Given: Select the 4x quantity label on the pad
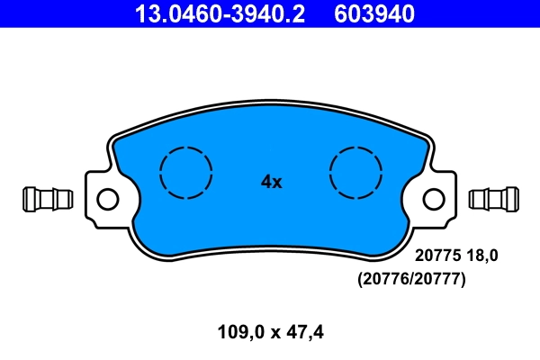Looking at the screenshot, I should pos(271,182).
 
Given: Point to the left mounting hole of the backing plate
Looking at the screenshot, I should pos(107,198).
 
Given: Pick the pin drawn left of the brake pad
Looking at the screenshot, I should pos(46,197).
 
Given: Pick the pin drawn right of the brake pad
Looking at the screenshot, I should pos(494,197).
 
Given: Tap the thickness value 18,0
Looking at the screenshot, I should pos(480,256).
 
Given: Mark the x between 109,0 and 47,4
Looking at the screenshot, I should pos(273,332).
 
